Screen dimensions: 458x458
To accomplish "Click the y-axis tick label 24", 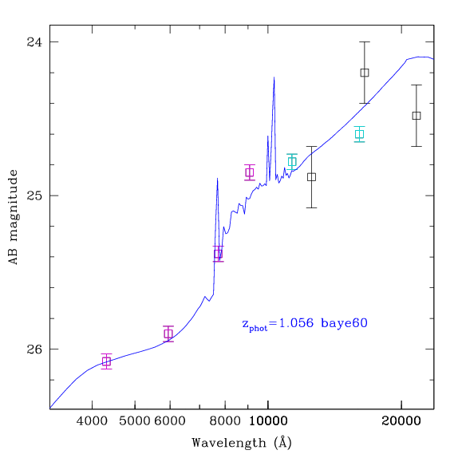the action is pos(34,42).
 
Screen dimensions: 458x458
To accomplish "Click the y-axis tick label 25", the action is pos(34,195).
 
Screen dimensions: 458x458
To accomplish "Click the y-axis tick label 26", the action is pos(34,349).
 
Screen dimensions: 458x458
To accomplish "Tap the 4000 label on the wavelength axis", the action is pos(92,421).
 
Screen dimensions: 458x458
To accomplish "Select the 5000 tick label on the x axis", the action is pos(135,421).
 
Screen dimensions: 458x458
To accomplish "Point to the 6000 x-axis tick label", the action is pos(170,421).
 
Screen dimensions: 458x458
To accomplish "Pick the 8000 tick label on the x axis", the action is pos(225,421).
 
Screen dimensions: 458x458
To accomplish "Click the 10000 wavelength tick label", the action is pos(268,421).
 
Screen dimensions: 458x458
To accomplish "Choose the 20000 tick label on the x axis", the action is pos(401,421).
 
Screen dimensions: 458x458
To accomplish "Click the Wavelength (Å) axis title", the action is pos(242,443).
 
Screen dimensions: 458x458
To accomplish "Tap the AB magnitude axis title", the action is pos(13,217).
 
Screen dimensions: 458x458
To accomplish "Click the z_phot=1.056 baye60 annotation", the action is pos(305,324).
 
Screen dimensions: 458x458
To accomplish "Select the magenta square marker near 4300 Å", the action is pos(107,361).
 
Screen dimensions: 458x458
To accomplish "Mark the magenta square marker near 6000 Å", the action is pos(168,334).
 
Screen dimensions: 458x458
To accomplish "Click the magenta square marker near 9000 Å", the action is pos(250,172).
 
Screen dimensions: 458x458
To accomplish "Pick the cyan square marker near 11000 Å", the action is pos(292,161).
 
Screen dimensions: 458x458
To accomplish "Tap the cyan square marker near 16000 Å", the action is pos(360,134).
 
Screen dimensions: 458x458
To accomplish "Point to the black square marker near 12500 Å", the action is pos(311,177).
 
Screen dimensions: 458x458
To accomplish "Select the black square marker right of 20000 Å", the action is pos(417,116).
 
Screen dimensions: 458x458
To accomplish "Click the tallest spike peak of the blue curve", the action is pos(274,77).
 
